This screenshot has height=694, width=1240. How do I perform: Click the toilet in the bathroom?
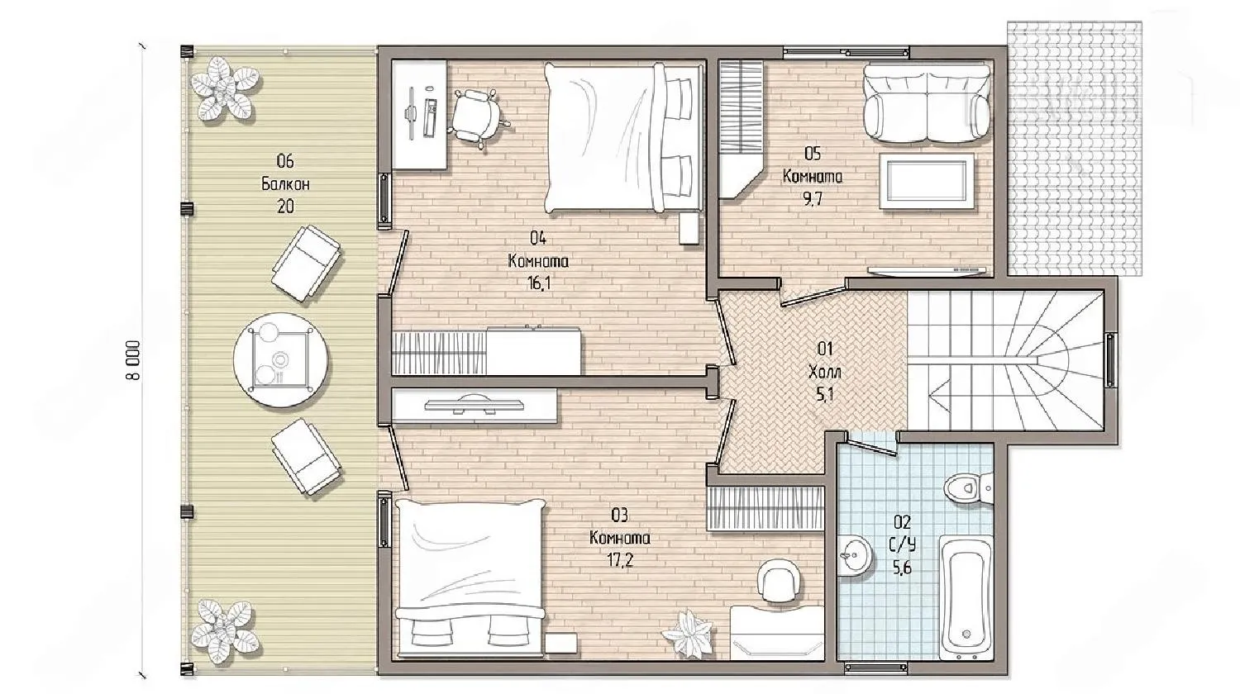click(x=968, y=487)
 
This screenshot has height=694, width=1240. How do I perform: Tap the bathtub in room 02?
click(x=966, y=597)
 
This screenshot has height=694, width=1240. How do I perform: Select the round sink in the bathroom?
click(x=853, y=556)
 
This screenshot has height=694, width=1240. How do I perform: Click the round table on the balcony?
click(x=280, y=360)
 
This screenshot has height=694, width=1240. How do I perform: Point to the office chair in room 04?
click(x=477, y=118)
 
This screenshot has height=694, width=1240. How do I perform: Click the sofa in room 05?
click(x=927, y=103)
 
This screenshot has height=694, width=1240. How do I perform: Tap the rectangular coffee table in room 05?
click(x=927, y=182)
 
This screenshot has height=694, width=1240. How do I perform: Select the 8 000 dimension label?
click(x=134, y=360)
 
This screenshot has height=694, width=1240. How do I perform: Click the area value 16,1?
click(x=539, y=284)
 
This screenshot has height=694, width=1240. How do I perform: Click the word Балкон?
click(x=285, y=183)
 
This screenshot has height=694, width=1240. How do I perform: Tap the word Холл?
click(x=825, y=372)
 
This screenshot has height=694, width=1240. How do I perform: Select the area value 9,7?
click(x=813, y=198)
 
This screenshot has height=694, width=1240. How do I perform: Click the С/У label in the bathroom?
click(x=902, y=545)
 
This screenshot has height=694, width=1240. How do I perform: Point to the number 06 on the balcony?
click(x=285, y=161)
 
